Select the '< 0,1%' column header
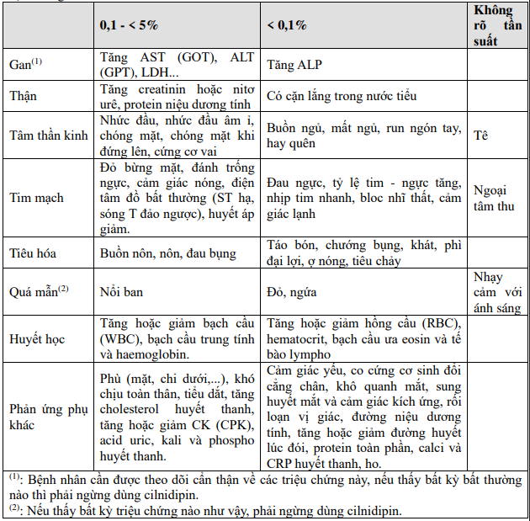pos(287,25)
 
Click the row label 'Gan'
pos(25,65)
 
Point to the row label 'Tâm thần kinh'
pos(49,136)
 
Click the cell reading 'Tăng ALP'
pos(292,65)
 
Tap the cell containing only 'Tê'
pos(481,135)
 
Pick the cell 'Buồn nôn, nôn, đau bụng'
pos(168,253)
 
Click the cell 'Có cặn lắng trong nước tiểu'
pos(342,96)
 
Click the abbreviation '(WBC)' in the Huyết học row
pos(118,339)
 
